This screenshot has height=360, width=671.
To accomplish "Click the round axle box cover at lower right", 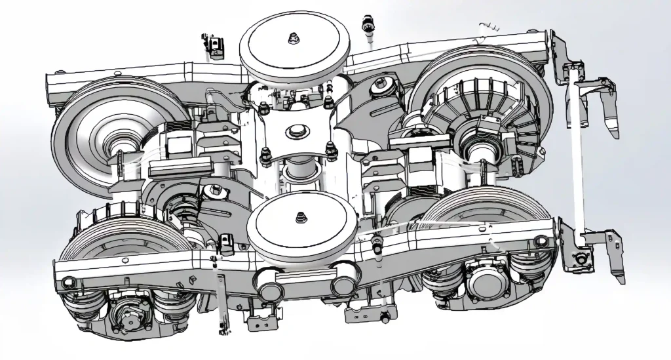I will coord(487,287).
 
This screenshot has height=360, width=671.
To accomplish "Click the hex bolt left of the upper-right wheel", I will coord(383,85).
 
